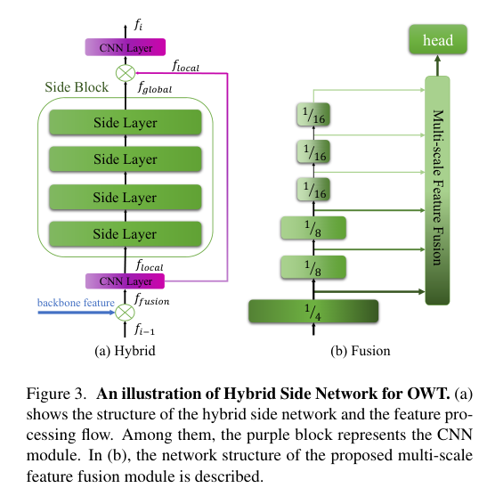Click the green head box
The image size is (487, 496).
click(437, 40)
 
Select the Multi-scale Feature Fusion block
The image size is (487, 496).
click(437, 189)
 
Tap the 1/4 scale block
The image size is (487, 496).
click(312, 312)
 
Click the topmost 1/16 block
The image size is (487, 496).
click(313, 114)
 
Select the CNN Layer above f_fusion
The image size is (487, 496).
click(126, 281)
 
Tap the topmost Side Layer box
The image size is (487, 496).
click(126, 123)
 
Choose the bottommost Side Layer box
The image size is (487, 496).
click(126, 234)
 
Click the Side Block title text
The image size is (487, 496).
click(77, 88)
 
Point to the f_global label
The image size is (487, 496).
click(155, 89)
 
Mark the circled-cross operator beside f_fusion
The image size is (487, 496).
click(126, 312)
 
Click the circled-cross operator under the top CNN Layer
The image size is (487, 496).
click(126, 70)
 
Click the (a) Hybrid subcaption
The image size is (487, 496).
click(125, 351)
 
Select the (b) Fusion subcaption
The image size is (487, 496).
click(360, 351)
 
